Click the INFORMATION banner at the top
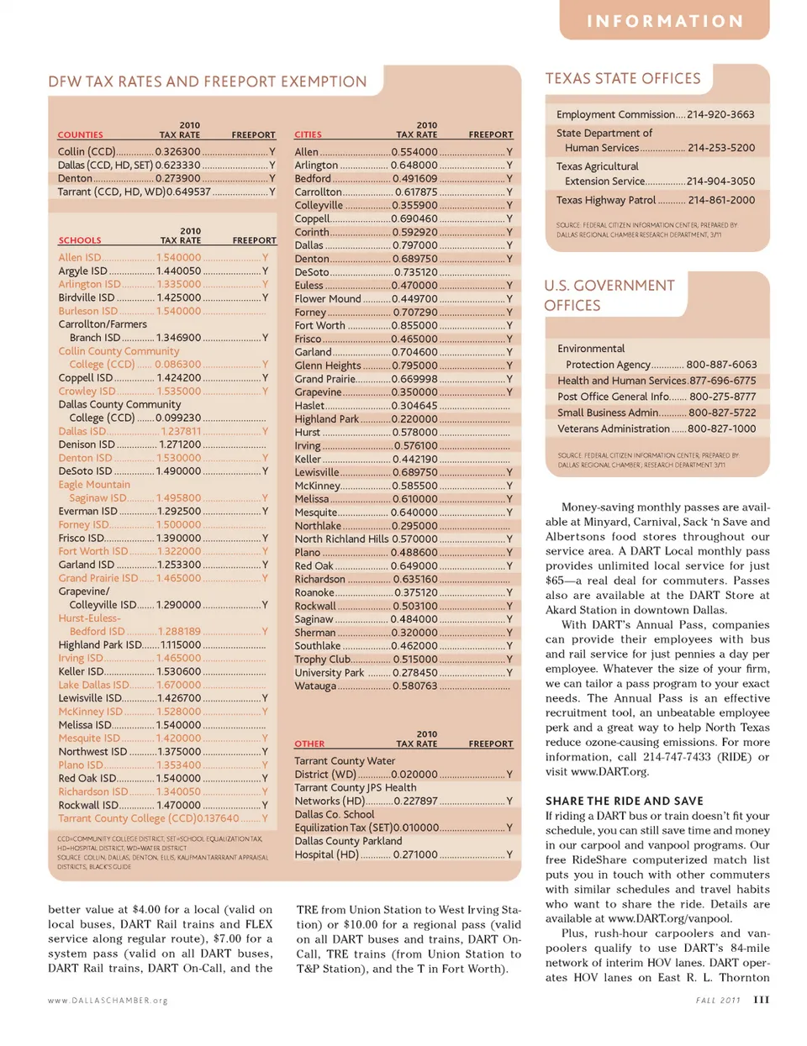point(664,21)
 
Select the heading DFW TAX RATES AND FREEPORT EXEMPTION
point(208,81)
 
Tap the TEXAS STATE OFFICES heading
point(623,78)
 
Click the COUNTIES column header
point(81,134)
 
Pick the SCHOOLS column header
point(80,240)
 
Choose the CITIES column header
point(308,134)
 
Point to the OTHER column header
point(309,744)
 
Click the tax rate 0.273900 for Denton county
point(177,178)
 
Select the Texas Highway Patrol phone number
point(721,200)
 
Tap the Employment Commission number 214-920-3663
point(720,114)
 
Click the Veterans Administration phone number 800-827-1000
point(722,428)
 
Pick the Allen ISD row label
point(80,258)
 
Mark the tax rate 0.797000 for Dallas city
point(414,245)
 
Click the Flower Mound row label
point(328,298)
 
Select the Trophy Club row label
point(322,660)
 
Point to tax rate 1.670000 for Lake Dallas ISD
point(178,685)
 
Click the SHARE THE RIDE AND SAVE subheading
point(624,801)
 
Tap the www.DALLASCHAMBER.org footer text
point(108,1001)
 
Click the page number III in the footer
point(761,1000)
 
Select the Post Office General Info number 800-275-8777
point(722,397)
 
